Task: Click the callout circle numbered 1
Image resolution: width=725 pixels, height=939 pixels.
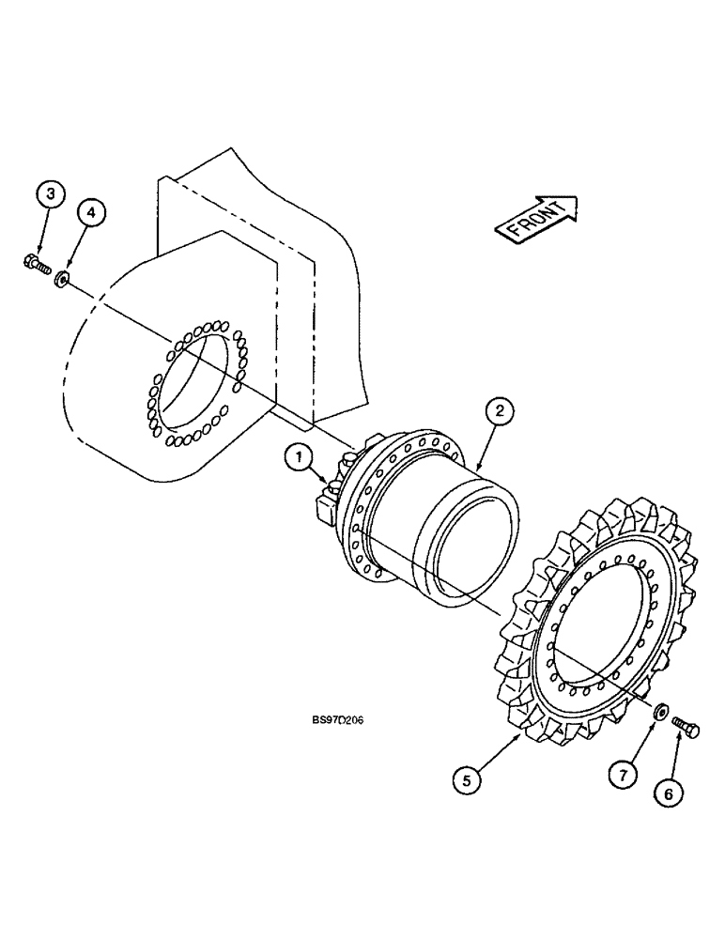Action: [298, 458]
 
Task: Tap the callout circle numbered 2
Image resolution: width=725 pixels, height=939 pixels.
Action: [500, 410]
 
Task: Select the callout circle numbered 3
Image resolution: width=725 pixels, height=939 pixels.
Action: [51, 195]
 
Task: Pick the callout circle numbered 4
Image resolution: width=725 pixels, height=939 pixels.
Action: [91, 213]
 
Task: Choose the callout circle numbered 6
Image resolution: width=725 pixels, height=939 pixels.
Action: [668, 793]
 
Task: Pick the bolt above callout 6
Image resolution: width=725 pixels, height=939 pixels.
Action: [682, 730]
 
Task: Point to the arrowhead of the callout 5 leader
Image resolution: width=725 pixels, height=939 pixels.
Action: [522, 734]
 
